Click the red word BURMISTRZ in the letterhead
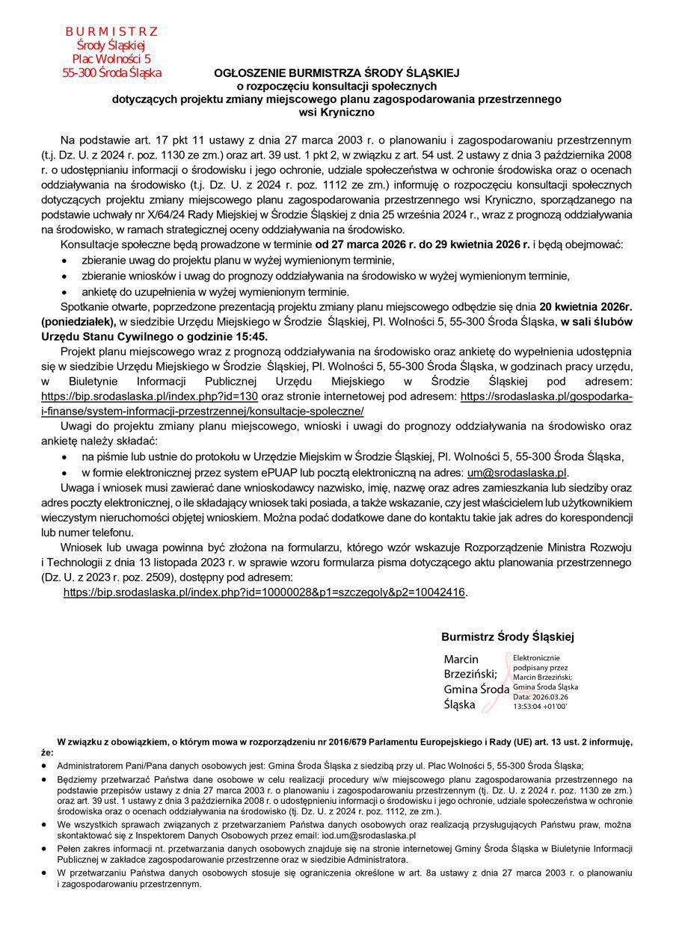pos(111,31)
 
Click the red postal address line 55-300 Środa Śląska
pos(111,73)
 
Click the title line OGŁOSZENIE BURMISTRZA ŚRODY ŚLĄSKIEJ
pos(336,73)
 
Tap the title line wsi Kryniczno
pos(336,111)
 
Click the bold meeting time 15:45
pos(252,336)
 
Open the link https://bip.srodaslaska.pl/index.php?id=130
pos(150,396)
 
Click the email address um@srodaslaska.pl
pos(517,472)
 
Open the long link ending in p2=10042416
pos(265,592)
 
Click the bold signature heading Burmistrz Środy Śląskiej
pos(507,637)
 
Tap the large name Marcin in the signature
pos(461,660)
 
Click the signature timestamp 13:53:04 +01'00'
pos(540,705)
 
